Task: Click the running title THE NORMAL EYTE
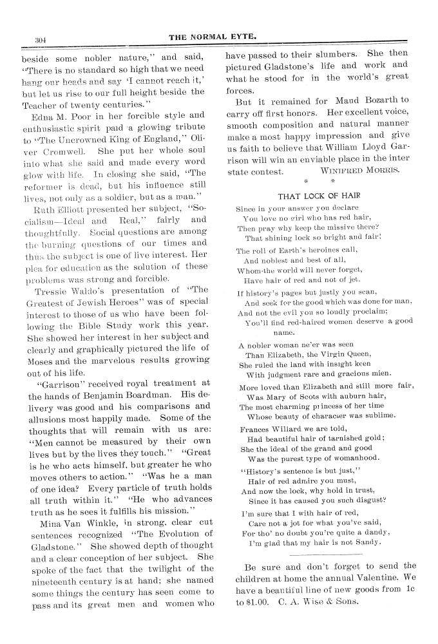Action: pos(213,37)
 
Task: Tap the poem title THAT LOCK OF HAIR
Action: pos(319,196)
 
